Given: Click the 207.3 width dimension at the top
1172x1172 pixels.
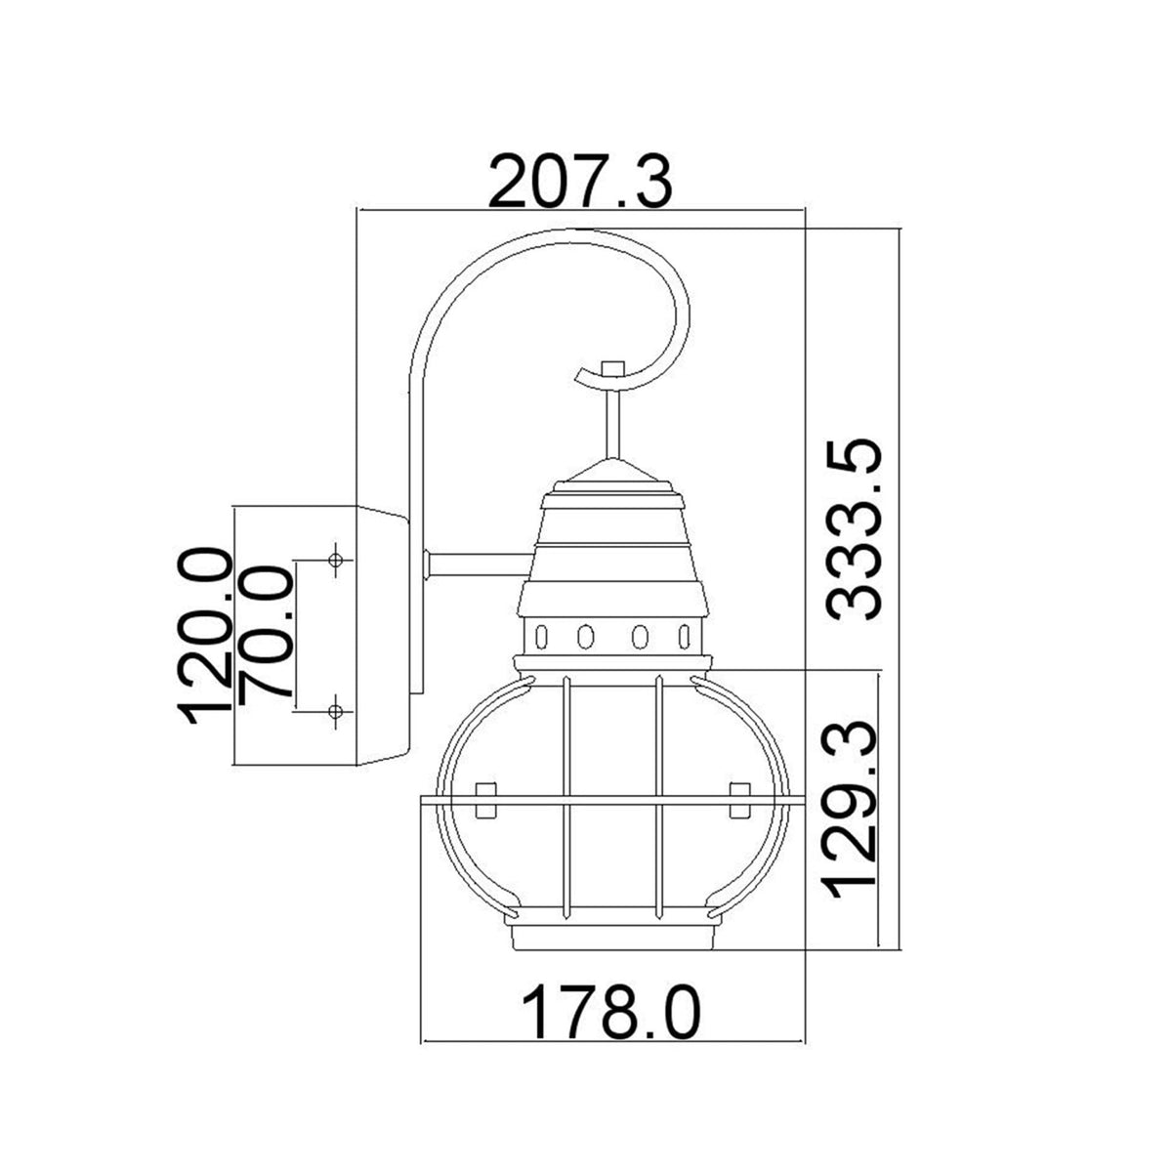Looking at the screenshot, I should click(x=580, y=182).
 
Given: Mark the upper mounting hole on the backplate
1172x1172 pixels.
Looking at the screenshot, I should click(x=336, y=561).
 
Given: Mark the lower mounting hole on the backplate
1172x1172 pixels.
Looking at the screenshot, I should click(x=336, y=710).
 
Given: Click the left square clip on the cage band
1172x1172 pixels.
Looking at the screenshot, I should click(x=484, y=799).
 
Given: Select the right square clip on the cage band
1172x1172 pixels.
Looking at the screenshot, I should click(x=739, y=799).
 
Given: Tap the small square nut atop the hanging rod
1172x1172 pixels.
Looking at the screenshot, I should click(x=612, y=368).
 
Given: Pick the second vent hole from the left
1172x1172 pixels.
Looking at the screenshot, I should click(x=585, y=637).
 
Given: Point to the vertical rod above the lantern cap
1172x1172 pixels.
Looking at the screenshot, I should click(x=612, y=420).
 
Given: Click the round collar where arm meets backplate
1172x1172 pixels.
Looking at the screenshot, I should click(x=427, y=564).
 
